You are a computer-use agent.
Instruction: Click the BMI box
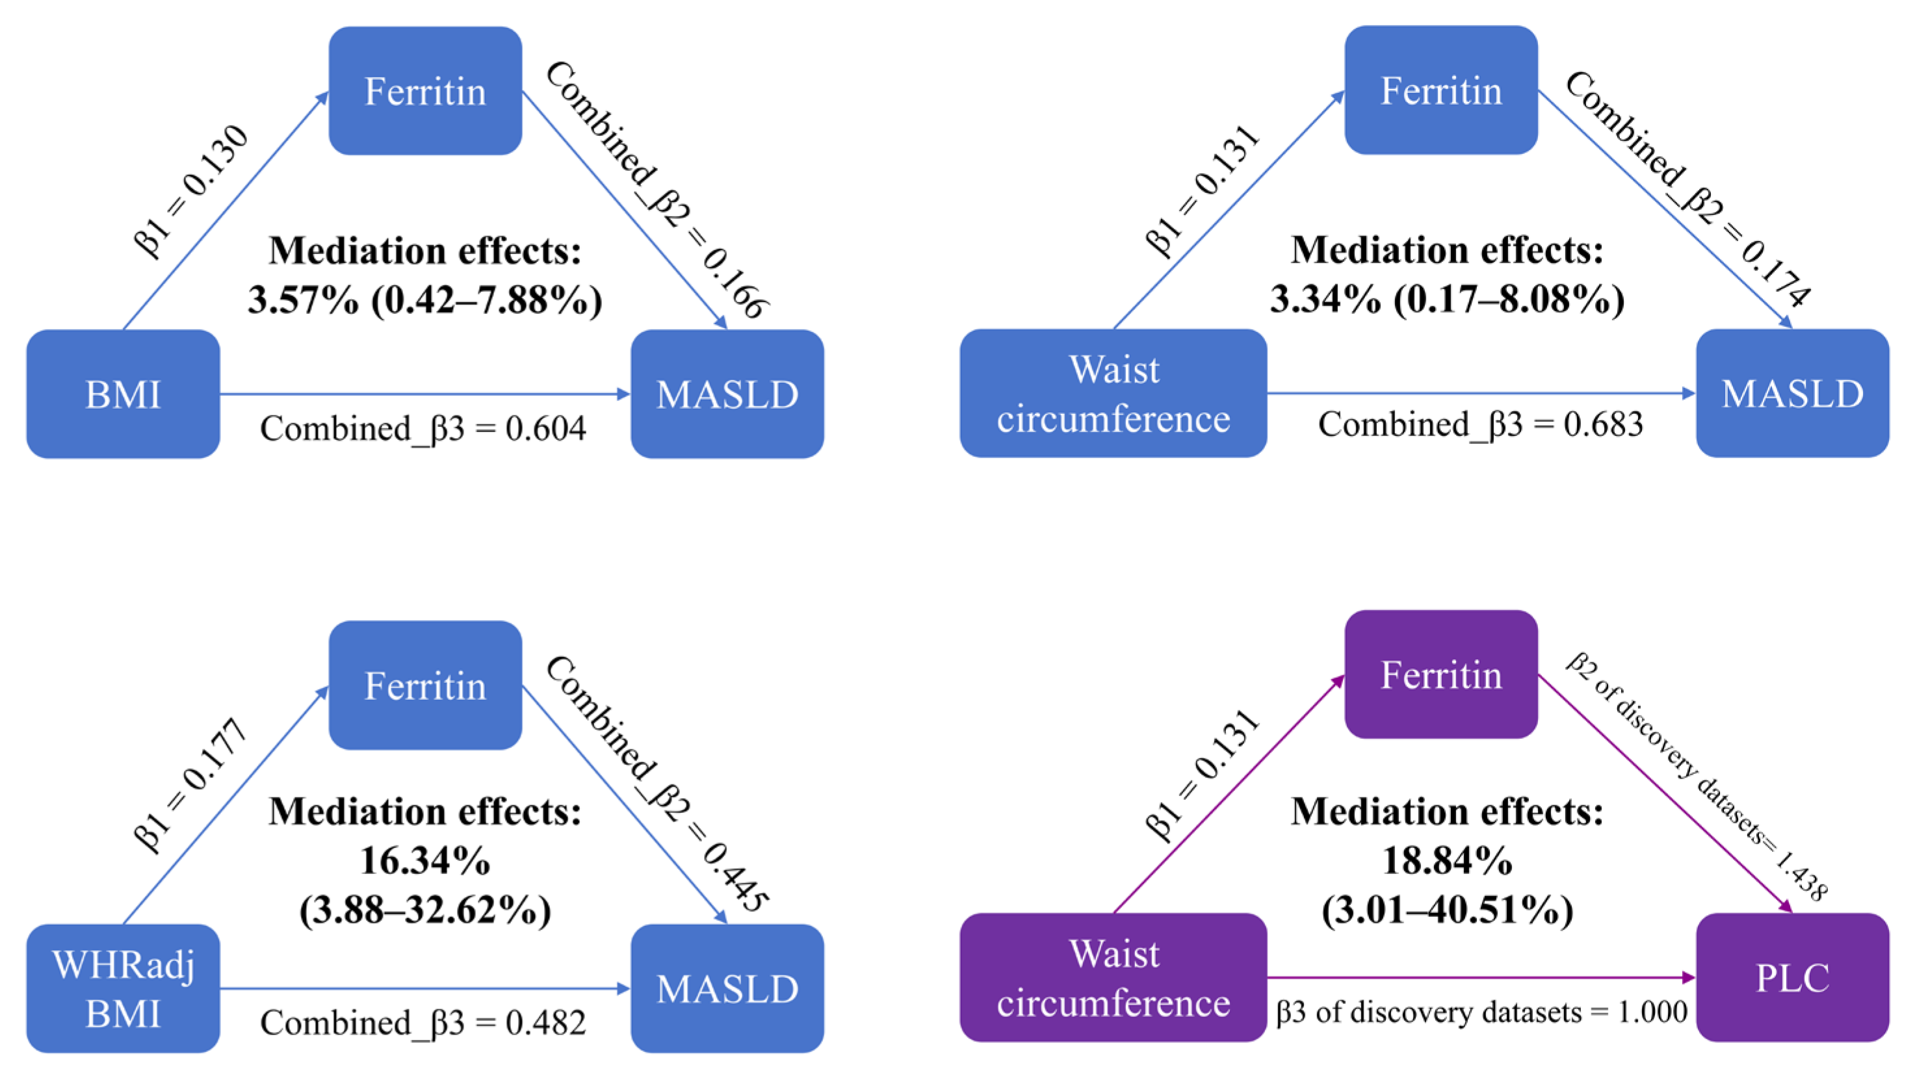pos(123,394)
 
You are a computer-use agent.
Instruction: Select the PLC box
pos(1791,977)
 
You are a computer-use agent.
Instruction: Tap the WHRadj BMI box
pos(123,988)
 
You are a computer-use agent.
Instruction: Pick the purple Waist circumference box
pos(1113,977)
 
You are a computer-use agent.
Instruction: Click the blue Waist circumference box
pos(1113,393)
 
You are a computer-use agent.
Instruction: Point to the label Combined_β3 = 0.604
pos(423,429)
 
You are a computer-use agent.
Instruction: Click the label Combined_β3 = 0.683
pos(1480,424)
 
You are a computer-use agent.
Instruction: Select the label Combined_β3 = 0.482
pos(423,1023)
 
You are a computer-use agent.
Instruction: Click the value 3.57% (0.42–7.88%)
pos(424,300)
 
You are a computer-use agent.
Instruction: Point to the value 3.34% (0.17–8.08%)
pos(1447,300)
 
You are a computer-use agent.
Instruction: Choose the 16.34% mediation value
pos(424,862)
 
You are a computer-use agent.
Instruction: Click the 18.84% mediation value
pos(1447,862)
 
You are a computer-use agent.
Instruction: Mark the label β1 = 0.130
pos(191,191)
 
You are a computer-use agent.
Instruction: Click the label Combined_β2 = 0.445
pos(657,784)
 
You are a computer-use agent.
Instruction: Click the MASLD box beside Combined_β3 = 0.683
pos(1791,393)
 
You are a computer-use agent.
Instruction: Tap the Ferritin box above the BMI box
pos(425,91)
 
